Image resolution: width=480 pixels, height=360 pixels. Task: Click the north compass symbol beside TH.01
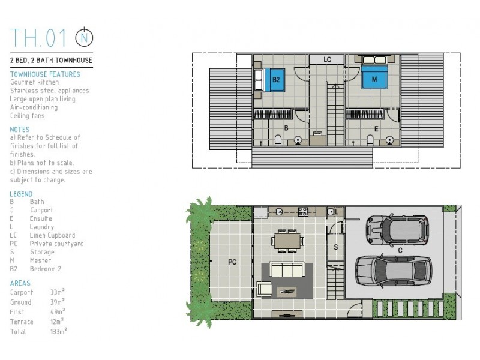84,37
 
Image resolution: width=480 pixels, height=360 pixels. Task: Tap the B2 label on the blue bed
276,80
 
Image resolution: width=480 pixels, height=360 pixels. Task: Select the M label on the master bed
374,79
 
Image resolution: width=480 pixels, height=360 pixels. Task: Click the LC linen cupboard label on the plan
327,59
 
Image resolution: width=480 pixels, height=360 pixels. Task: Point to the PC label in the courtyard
232,262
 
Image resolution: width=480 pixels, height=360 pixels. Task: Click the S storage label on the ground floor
336,247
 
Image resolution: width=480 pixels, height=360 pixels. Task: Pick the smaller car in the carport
397,230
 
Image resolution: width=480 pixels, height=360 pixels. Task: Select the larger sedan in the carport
394,271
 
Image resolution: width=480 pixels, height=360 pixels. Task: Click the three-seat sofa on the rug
287,269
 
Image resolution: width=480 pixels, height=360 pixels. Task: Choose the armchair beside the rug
264,289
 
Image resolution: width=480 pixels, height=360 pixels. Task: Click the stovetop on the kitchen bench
303,212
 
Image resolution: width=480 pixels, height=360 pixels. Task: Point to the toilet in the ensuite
370,140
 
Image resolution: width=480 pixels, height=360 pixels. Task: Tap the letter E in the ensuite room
376,129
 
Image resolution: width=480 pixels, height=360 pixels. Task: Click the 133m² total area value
58,331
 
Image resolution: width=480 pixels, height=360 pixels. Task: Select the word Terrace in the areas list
22,322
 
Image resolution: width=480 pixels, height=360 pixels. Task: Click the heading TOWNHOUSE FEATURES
45,74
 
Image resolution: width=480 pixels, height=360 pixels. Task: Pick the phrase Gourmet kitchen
34,82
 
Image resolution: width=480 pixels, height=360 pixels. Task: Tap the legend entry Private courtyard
56,244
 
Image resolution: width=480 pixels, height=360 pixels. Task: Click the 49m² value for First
58,311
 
